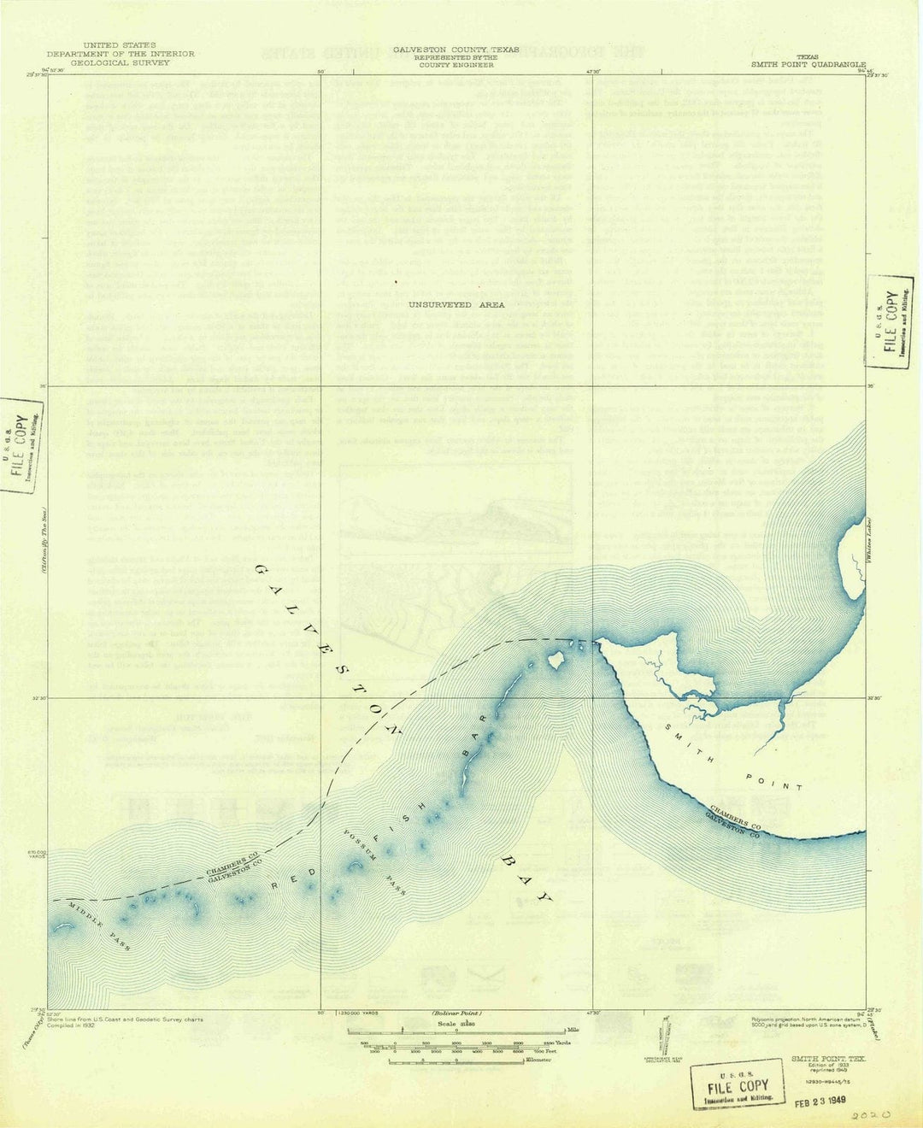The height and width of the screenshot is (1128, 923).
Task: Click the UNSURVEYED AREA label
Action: (456, 304)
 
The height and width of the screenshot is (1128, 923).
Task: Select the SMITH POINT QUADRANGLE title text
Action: (808, 64)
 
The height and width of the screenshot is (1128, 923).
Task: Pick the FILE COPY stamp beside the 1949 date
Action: (738, 1084)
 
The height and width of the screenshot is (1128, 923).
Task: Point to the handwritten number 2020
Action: (871, 1116)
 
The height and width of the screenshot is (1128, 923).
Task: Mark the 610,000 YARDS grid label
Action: (35, 855)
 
